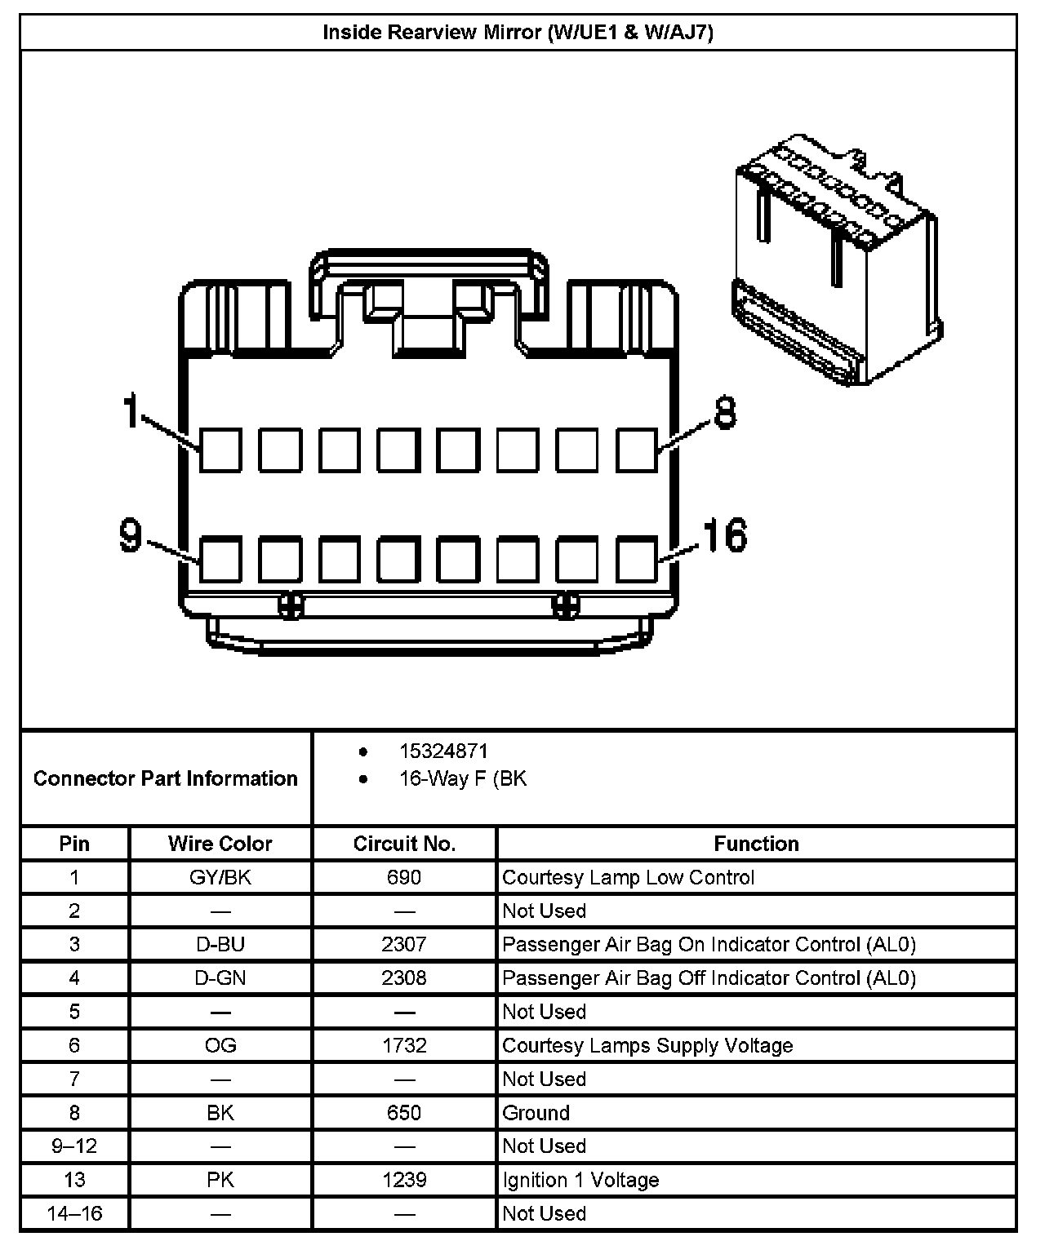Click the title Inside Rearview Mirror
pyautogui.click(x=518, y=33)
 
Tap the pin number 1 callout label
pyautogui.click(x=131, y=410)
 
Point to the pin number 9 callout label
pyautogui.click(x=131, y=535)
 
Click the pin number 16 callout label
pyautogui.click(x=725, y=535)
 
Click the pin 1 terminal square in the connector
pyautogui.click(x=220, y=450)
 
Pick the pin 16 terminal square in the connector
pyautogui.click(x=636, y=559)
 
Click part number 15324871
pyautogui.click(x=443, y=751)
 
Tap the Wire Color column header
pyautogui.click(x=220, y=844)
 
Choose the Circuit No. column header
pyautogui.click(x=404, y=844)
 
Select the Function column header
pyautogui.click(x=756, y=844)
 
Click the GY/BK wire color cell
pyautogui.click(x=220, y=877)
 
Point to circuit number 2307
pyautogui.click(x=404, y=944)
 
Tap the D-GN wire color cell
pyautogui.click(x=220, y=977)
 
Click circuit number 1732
pyautogui.click(x=404, y=1045)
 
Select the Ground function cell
pyautogui.click(x=536, y=1113)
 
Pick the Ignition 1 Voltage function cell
pyautogui.click(x=580, y=1180)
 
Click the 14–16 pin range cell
pyautogui.click(x=74, y=1213)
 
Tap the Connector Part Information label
pyautogui.click(x=166, y=778)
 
